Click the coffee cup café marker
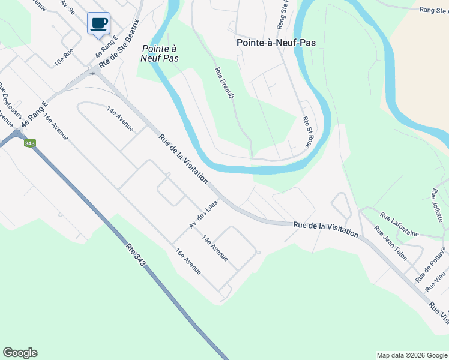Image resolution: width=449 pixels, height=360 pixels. [99, 24]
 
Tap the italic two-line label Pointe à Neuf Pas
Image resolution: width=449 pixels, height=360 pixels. [161, 53]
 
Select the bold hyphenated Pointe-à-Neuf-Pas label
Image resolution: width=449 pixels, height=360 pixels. [276, 43]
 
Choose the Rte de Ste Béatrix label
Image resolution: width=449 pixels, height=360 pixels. [119, 43]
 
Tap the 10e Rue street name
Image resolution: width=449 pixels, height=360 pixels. [64, 56]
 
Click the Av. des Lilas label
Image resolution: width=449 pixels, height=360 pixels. [203, 214]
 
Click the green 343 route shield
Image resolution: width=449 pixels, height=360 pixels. [29, 143]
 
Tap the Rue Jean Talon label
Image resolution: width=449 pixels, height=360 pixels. [390, 243]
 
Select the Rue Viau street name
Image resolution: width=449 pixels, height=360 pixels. [436, 281]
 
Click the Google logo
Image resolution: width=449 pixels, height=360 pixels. [20, 353]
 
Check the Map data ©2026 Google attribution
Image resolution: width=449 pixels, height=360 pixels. [412, 355]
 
